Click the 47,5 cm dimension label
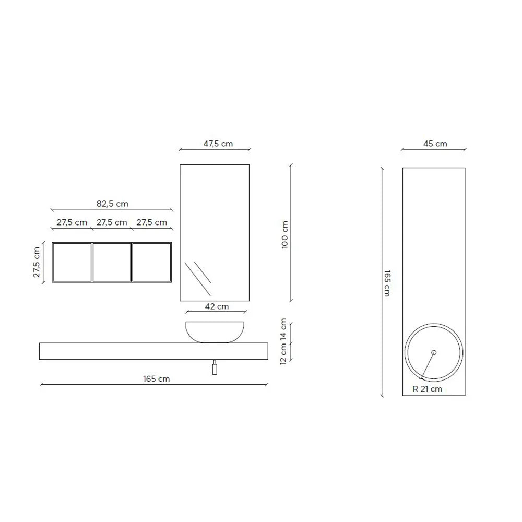click(x=218, y=144)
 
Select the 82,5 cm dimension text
click(x=112, y=204)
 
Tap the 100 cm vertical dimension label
click(x=284, y=235)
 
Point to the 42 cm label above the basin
click(x=217, y=306)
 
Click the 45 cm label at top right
click(x=435, y=144)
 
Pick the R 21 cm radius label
click(x=427, y=389)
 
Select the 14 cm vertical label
click(x=283, y=329)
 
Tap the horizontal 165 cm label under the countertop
click(x=157, y=379)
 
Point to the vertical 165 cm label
click(x=387, y=283)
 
